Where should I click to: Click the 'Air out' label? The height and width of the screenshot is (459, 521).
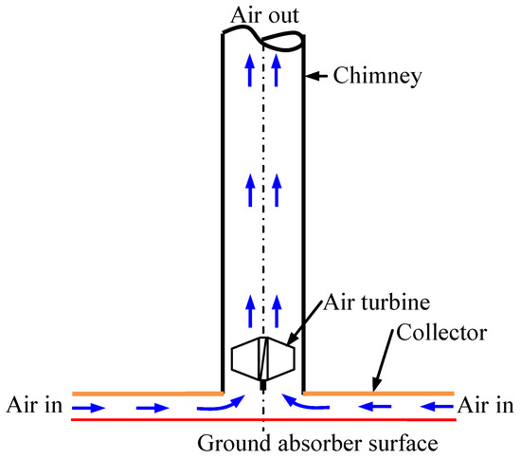pyautogui.click(x=262, y=13)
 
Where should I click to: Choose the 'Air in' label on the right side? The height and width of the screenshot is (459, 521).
pyautogui.click(x=487, y=406)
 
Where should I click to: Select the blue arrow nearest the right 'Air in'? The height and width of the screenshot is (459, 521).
pyautogui.click(x=437, y=409)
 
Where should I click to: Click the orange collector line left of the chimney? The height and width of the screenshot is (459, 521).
pyautogui.click(x=142, y=392)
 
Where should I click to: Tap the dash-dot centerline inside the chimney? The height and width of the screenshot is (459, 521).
pyautogui.click(x=263, y=237)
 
